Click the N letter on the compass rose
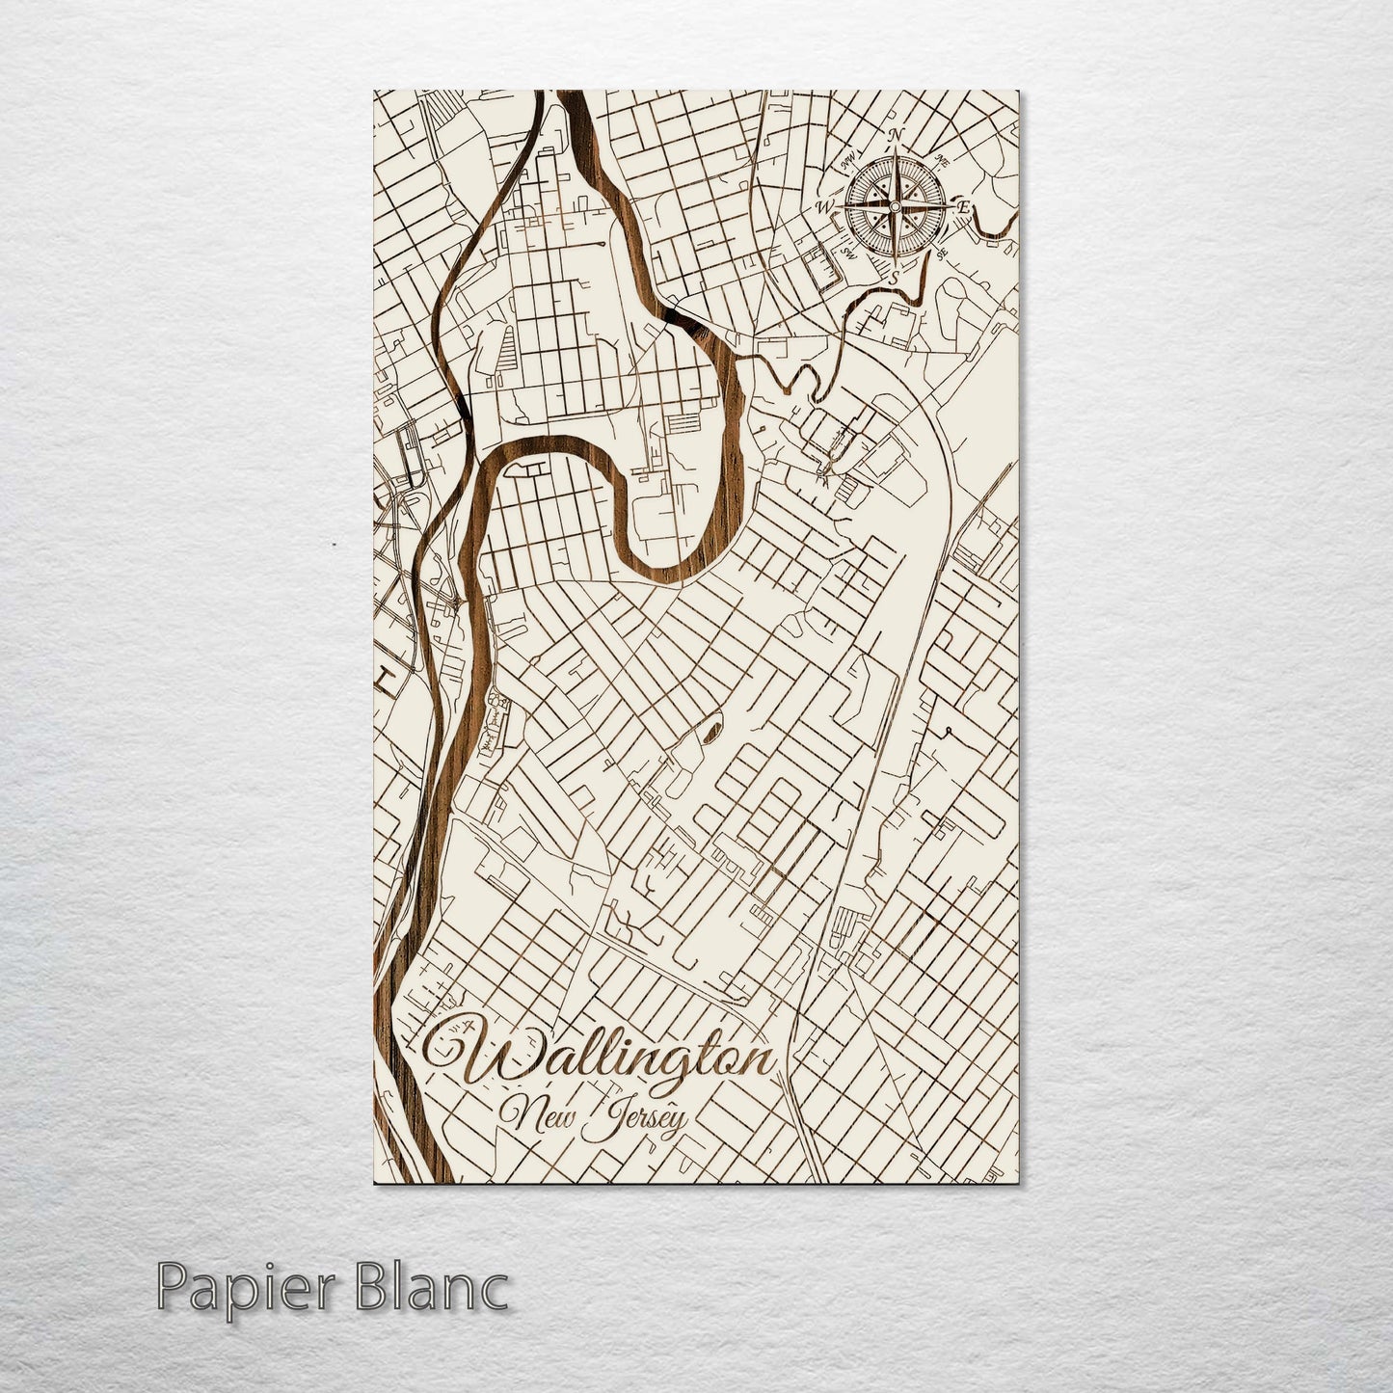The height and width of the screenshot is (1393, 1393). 895,134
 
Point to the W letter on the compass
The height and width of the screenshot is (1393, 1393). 825,206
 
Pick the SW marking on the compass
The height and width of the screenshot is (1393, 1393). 848,254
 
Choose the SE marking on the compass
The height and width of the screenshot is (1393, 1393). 940,254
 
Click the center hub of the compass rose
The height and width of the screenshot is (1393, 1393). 894,205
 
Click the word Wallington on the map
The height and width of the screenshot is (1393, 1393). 617,1060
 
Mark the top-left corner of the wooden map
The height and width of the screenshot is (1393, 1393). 375,93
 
